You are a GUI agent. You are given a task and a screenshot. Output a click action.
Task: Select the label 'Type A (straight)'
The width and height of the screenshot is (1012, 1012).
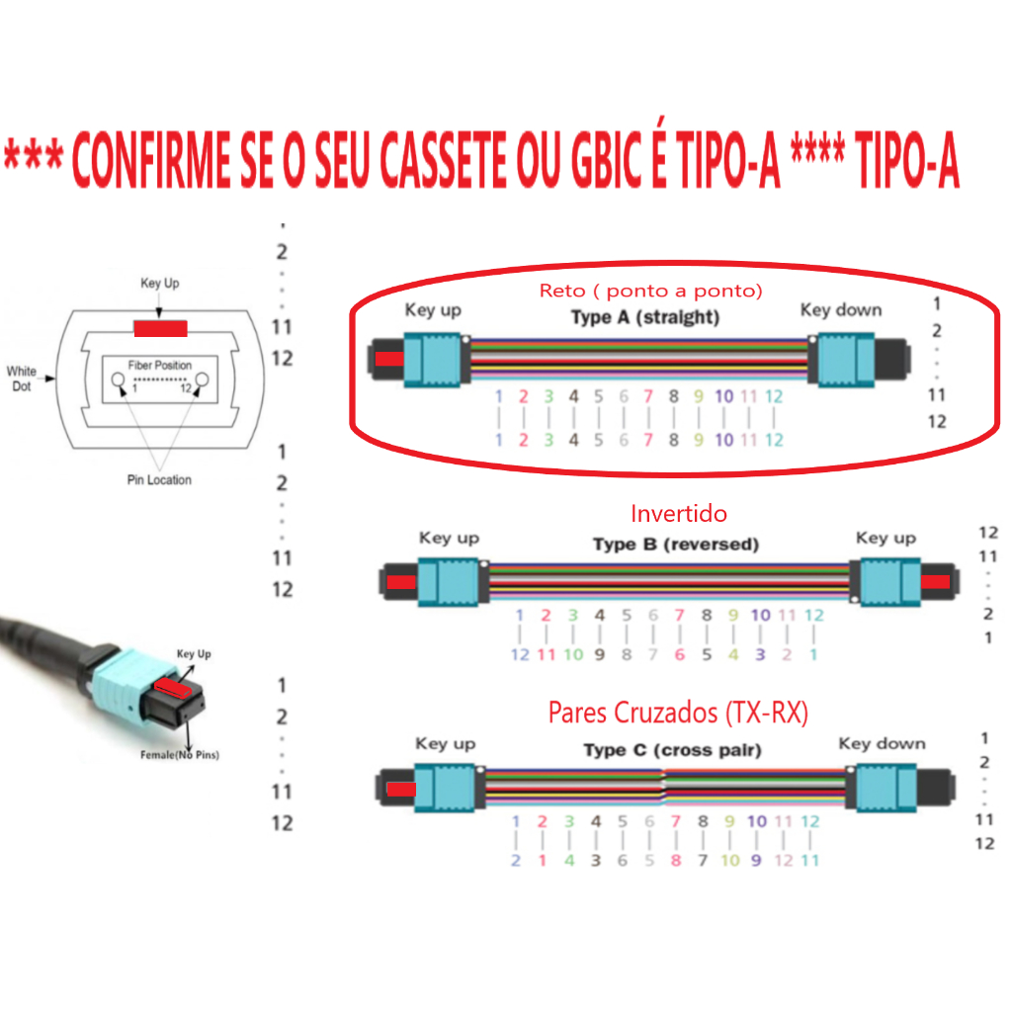pyautogui.click(x=644, y=317)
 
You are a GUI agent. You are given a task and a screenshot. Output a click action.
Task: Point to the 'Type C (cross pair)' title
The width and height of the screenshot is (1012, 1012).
pyautogui.click(x=672, y=750)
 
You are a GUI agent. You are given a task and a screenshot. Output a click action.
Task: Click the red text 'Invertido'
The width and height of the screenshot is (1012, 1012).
pyautogui.click(x=679, y=514)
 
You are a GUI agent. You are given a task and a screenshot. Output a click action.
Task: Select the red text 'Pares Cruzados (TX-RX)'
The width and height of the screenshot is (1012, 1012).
pyautogui.click(x=678, y=714)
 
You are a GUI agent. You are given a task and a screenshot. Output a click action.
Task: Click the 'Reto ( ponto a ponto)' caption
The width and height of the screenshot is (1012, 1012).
pyautogui.click(x=651, y=291)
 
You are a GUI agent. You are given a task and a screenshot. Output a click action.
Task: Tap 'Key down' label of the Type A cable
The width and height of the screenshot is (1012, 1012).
pyautogui.click(x=840, y=310)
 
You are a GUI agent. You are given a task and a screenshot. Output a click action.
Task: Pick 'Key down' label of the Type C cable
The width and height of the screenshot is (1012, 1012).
pyautogui.click(x=882, y=744)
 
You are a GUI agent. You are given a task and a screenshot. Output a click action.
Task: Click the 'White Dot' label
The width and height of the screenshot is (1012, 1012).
pyautogui.click(x=21, y=379)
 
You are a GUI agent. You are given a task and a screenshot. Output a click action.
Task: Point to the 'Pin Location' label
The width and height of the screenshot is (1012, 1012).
pyautogui.click(x=159, y=480)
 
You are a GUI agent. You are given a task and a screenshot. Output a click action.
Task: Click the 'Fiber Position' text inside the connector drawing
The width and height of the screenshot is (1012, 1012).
pyautogui.click(x=160, y=366)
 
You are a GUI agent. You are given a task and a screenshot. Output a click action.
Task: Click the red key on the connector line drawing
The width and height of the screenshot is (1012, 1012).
pyautogui.click(x=161, y=328)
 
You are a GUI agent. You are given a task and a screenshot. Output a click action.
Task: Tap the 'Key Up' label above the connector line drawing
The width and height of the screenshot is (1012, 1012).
pyautogui.click(x=160, y=284)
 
